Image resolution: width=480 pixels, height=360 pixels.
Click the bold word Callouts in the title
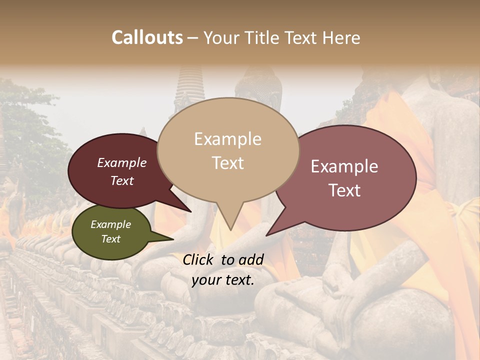(x=147, y=37)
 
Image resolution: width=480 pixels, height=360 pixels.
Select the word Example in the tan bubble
(x=227, y=139)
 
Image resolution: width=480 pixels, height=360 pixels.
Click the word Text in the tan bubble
(x=227, y=163)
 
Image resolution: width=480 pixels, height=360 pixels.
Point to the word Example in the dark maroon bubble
(x=122, y=162)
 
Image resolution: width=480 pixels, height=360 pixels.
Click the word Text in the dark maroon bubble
(x=122, y=180)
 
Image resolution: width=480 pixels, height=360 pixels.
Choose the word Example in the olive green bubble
(x=110, y=224)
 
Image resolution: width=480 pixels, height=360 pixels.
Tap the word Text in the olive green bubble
(x=110, y=239)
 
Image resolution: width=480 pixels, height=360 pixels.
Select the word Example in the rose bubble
(x=344, y=166)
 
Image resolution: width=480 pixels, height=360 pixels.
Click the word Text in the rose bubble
(x=344, y=190)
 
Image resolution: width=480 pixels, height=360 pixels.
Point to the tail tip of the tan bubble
(x=230, y=230)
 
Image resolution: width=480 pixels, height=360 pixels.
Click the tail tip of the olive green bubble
(x=173, y=239)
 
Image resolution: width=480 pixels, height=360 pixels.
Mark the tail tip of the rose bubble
(x=266, y=235)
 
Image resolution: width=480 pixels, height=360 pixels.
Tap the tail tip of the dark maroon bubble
(x=191, y=212)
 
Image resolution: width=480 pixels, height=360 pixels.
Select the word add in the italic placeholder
(x=252, y=259)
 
